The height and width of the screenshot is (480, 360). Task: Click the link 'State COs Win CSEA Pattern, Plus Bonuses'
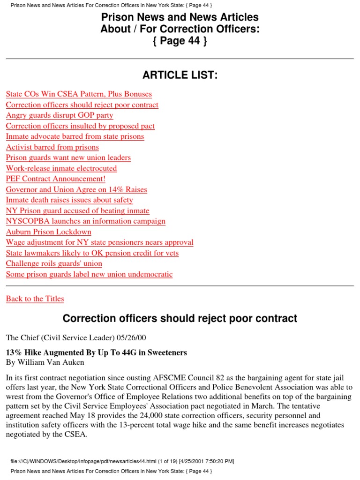pyautogui.click(x=79, y=94)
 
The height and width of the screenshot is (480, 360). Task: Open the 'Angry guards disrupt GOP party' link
pyautogui.click(x=60, y=115)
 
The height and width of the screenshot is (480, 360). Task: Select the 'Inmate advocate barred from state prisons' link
pyautogui.click(x=75, y=136)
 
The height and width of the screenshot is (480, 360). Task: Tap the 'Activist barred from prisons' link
pyautogui.click(x=52, y=147)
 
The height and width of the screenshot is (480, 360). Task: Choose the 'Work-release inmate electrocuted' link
pyautogui.click(x=61, y=168)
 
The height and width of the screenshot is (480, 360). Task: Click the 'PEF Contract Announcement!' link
pyautogui.click(x=56, y=179)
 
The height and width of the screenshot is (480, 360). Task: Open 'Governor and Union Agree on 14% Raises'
pyautogui.click(x=76, y=190)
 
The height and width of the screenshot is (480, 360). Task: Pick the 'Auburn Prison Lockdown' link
pyautogui.click(x=49, y=232)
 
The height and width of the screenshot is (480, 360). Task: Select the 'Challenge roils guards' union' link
pyautogui.click(x=54, y=263)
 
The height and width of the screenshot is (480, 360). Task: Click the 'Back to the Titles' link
pyautogui.click(x=35, y=299)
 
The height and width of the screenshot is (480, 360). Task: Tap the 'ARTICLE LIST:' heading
pyautogui.click(x=180, y=75)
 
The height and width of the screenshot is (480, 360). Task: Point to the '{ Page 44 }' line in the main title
pyautogui.click(x=180, y=41)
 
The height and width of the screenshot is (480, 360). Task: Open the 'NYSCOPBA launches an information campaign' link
pyautogui.click(x=86, y=221)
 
